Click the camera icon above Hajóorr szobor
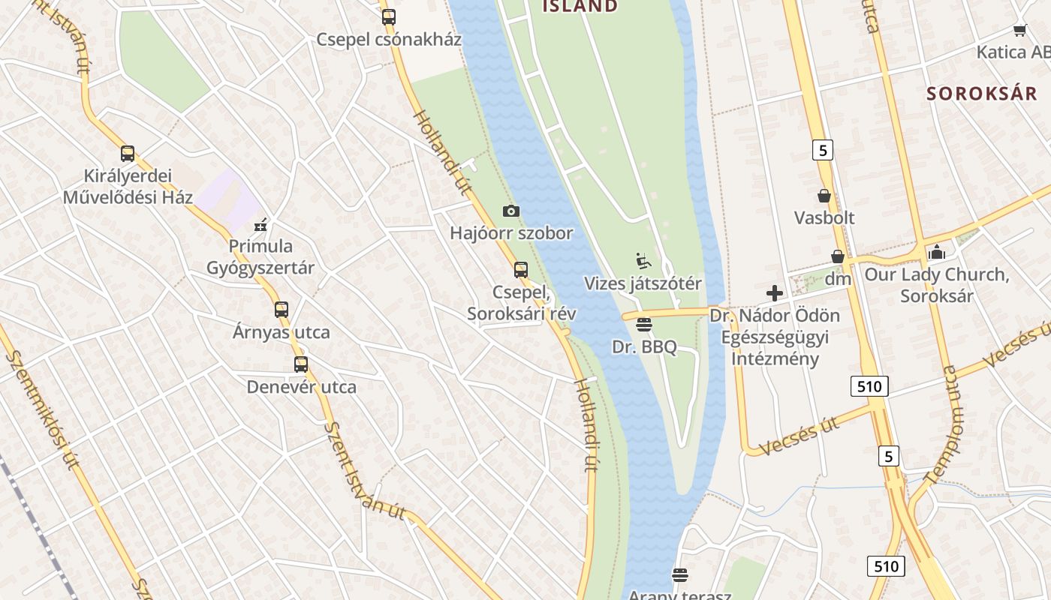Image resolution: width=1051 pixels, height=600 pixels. point(511,211)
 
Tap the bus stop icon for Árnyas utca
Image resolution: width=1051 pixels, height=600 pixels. point(282,309)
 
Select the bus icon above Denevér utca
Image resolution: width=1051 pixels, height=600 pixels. point(301,364)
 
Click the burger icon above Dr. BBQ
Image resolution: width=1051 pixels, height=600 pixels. point(643,325)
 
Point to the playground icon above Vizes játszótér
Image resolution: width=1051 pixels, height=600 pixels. point(643,261)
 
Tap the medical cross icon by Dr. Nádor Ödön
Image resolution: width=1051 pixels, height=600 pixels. point(775,293)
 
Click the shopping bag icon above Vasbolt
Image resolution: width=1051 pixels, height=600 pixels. point(824,196)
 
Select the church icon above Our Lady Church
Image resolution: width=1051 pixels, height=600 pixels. point(936,253)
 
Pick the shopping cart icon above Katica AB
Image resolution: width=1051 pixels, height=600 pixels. point(1019,30)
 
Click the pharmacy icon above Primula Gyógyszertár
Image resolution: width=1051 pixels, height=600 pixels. point(260,224)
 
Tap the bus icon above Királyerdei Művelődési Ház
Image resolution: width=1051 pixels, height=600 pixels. point(128,154)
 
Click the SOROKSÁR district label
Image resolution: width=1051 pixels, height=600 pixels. point(981,94)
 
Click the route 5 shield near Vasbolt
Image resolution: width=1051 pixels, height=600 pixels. point(823,151)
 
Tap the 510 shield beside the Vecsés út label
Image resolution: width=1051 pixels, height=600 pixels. point(869,386)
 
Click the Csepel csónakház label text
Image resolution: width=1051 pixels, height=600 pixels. point(388,40)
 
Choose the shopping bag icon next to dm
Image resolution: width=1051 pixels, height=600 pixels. point(838,256)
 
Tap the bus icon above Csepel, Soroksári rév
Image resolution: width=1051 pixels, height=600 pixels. point(521,270)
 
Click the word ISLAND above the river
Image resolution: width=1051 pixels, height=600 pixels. point(580,7)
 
